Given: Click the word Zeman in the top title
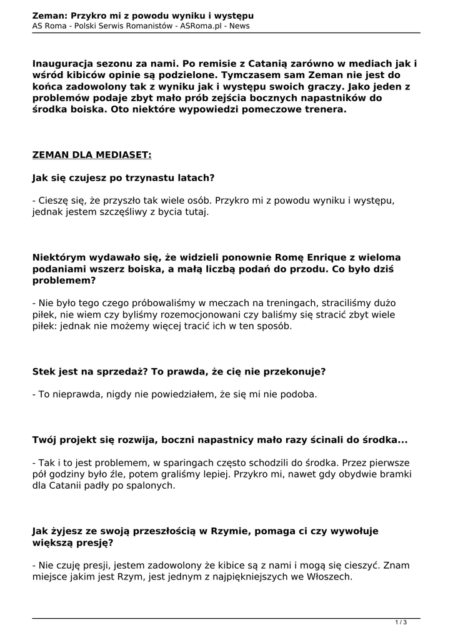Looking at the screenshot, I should (x=50, y=15).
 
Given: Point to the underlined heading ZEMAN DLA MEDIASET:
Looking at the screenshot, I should (x=92, y=154).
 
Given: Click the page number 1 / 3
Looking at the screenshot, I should (x=401, y=622).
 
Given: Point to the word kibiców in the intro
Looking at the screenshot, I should (x=81, y=76).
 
